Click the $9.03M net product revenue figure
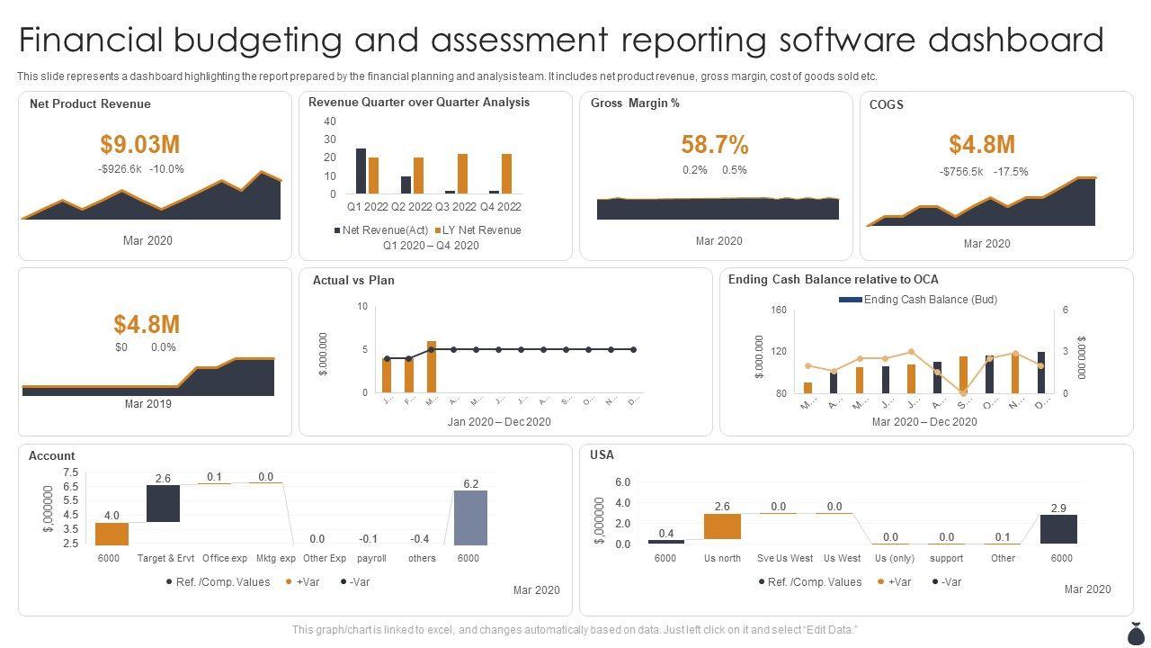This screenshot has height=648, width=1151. point(140,144)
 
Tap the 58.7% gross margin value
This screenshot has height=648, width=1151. point(715,145)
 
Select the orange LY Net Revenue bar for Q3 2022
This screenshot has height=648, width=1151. point(462,174)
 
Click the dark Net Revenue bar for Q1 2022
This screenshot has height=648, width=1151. point(361,171)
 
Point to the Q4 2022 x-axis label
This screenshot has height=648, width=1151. point(500,207)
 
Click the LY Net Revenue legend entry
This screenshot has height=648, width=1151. point(477,230)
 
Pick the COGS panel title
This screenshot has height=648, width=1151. point(887,104)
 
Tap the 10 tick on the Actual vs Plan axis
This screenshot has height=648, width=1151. point(362,307)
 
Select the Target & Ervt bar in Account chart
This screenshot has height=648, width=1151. point(163,503)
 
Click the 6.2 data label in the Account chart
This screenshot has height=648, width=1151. point(471,484)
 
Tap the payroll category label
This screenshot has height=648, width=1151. point(371,559)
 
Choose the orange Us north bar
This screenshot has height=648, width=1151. point(722,526)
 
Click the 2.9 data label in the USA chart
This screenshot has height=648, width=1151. point(1059,508)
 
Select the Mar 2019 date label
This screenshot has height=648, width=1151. point(147,404)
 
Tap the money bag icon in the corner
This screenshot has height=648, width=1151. point(1135,632)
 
